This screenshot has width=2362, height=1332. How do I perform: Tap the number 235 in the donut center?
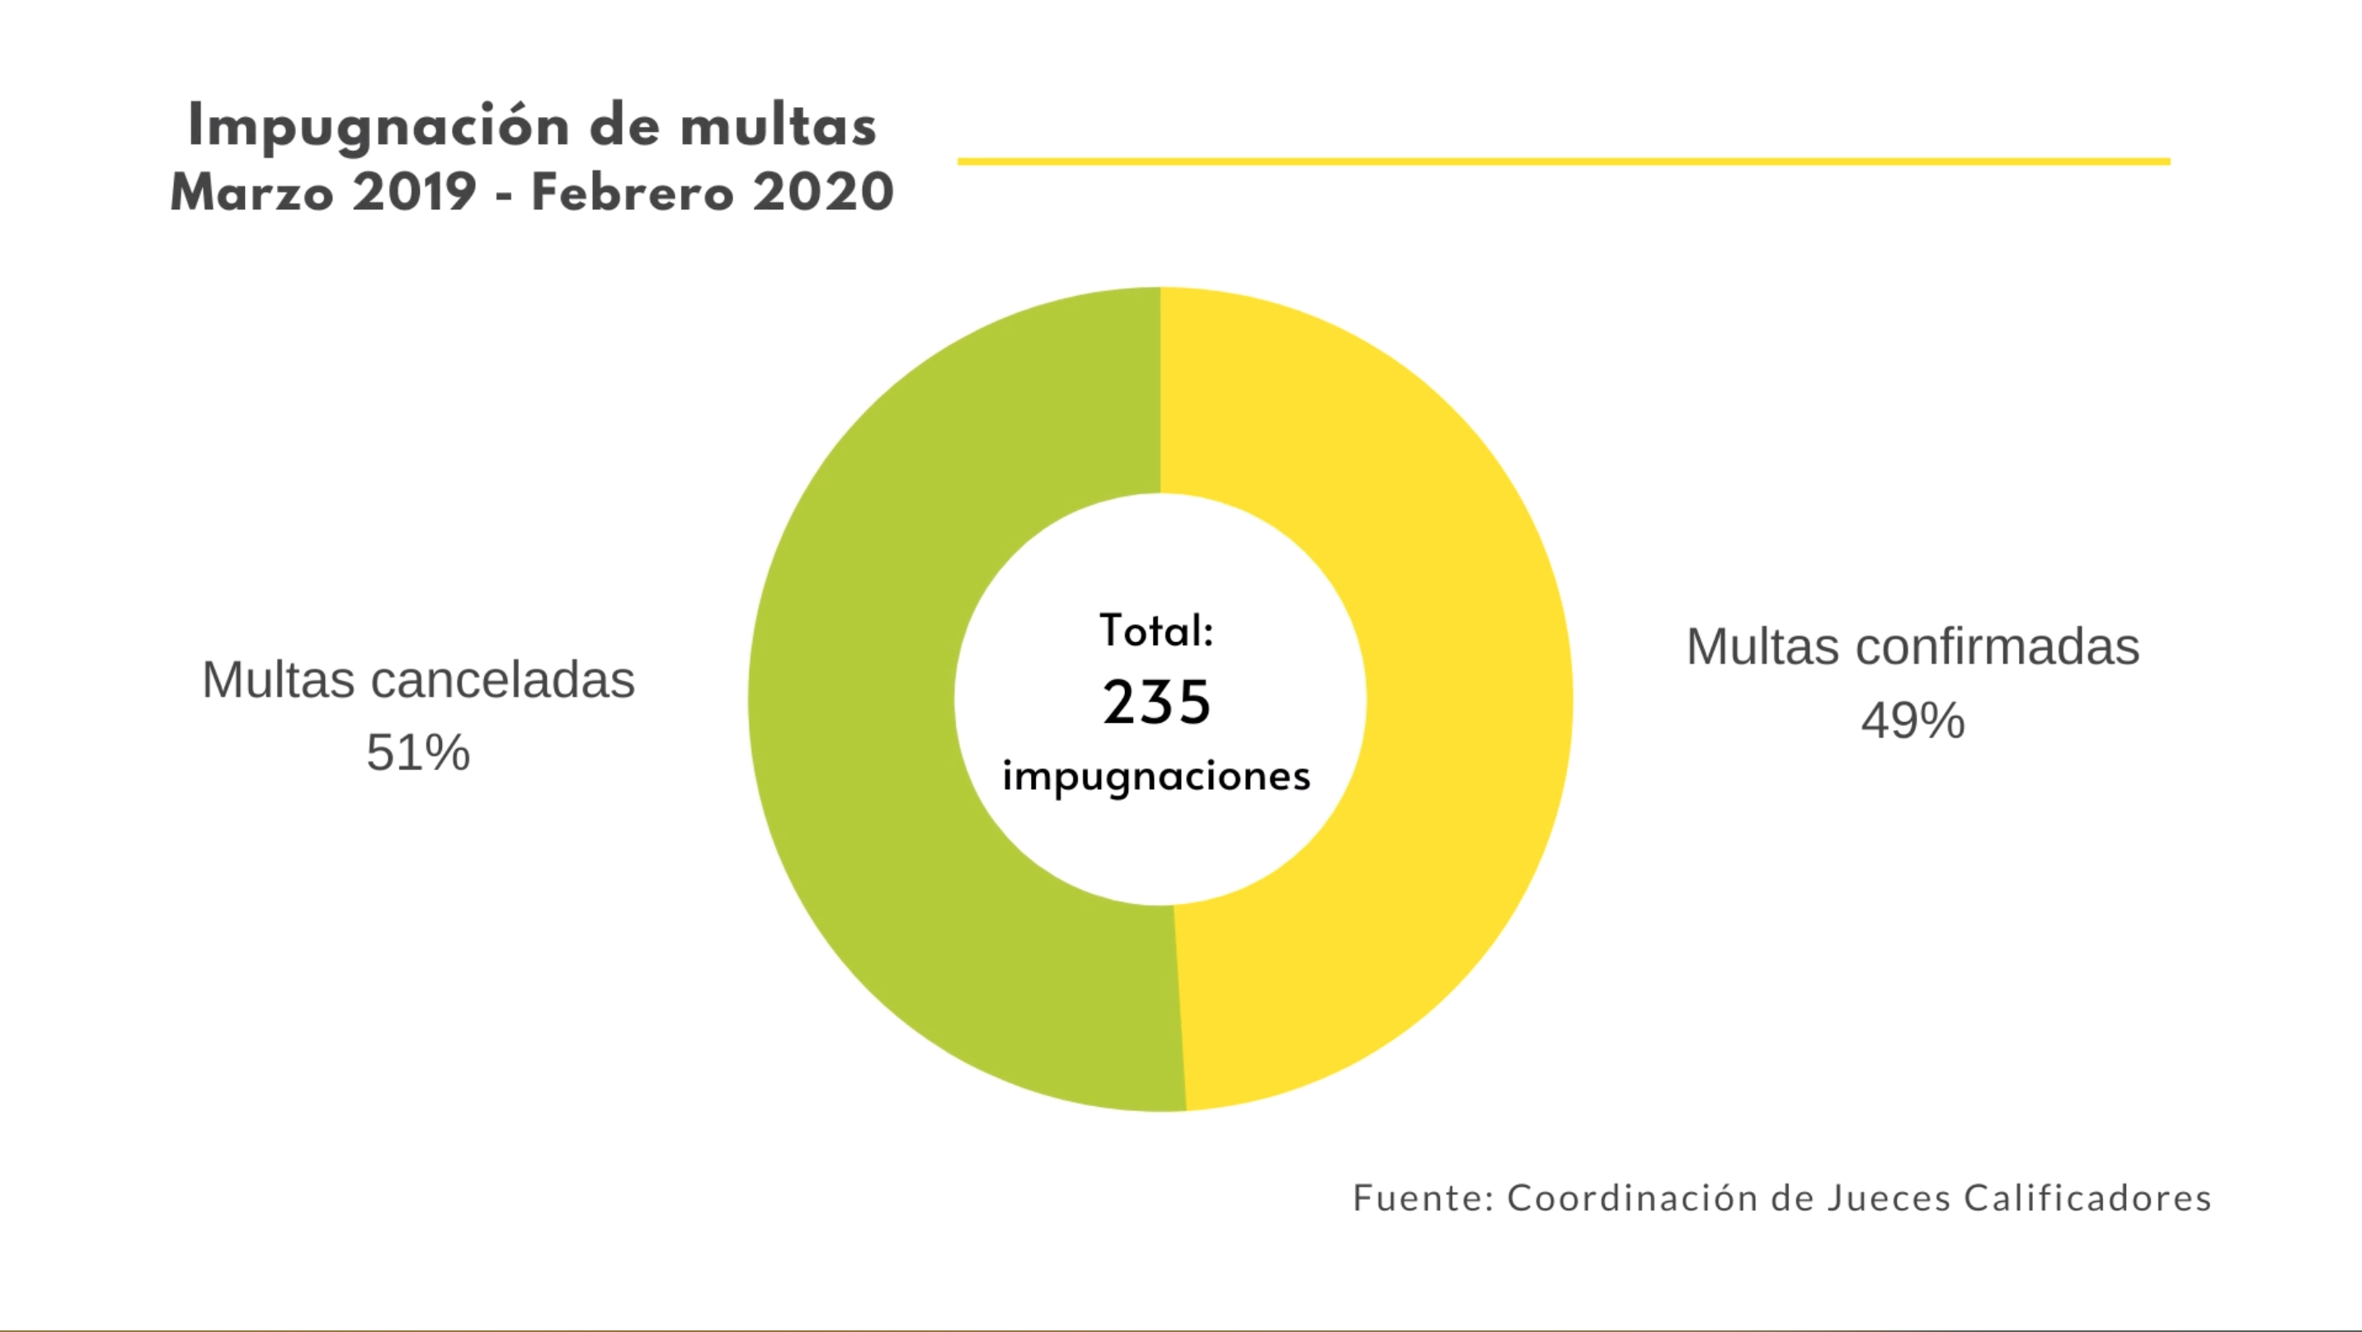[x=1157, y=703]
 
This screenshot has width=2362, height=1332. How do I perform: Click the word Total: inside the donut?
[x=1157, y=631]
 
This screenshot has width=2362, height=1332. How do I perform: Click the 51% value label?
[x=418, y=753]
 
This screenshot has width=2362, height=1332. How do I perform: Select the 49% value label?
[x=1913, y=720]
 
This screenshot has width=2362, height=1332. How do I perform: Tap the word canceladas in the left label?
[x=502, y=680]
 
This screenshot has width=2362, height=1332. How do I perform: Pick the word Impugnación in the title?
[x=380, y=126]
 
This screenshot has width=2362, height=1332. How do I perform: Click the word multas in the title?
[x=779, y=126]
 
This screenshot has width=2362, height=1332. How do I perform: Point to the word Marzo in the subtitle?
[x=252, y=194]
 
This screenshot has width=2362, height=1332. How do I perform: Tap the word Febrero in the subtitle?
[x=633, y=194]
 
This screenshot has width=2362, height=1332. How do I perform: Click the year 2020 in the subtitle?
[x=822, y=194]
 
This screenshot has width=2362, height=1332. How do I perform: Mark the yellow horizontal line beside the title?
[x=1564, y=162]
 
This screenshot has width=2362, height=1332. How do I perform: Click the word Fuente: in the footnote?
[x=1424, y=1198]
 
